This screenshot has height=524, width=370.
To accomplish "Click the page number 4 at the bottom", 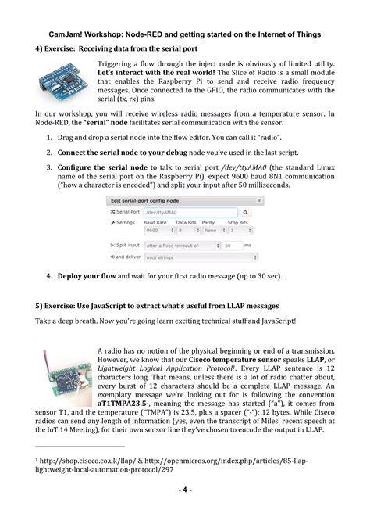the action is (x=185, y=490).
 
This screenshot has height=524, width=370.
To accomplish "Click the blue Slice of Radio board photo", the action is (x=63, y=81).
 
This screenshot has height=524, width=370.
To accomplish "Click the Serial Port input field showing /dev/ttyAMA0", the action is (x=190, y=212).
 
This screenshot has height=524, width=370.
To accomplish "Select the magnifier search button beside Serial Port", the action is (x=245, y=212).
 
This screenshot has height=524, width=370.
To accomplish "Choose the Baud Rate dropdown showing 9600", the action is (x=159, y=231).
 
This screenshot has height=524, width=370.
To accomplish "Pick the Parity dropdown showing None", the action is (x=214, y=231).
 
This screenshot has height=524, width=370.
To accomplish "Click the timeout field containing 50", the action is (x=232, y=246).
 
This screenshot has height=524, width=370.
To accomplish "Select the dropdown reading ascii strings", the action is (x=201, y=257).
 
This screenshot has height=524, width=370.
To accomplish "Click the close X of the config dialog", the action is (x=259, y=200).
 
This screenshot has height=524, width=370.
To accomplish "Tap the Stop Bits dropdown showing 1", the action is (x=240, y=231).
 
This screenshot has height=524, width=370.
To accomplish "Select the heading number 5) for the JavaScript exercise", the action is (x=39, y=306).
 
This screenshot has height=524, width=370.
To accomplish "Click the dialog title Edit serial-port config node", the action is (x=144, y=200).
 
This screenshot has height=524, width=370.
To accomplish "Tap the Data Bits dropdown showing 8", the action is (x=188, y=231).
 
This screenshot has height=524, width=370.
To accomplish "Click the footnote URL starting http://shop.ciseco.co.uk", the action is (x=87, y=461).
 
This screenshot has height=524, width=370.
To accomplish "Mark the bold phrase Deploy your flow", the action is (x=87, y=276).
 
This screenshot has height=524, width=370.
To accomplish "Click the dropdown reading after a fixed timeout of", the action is (x=182, y=246).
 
